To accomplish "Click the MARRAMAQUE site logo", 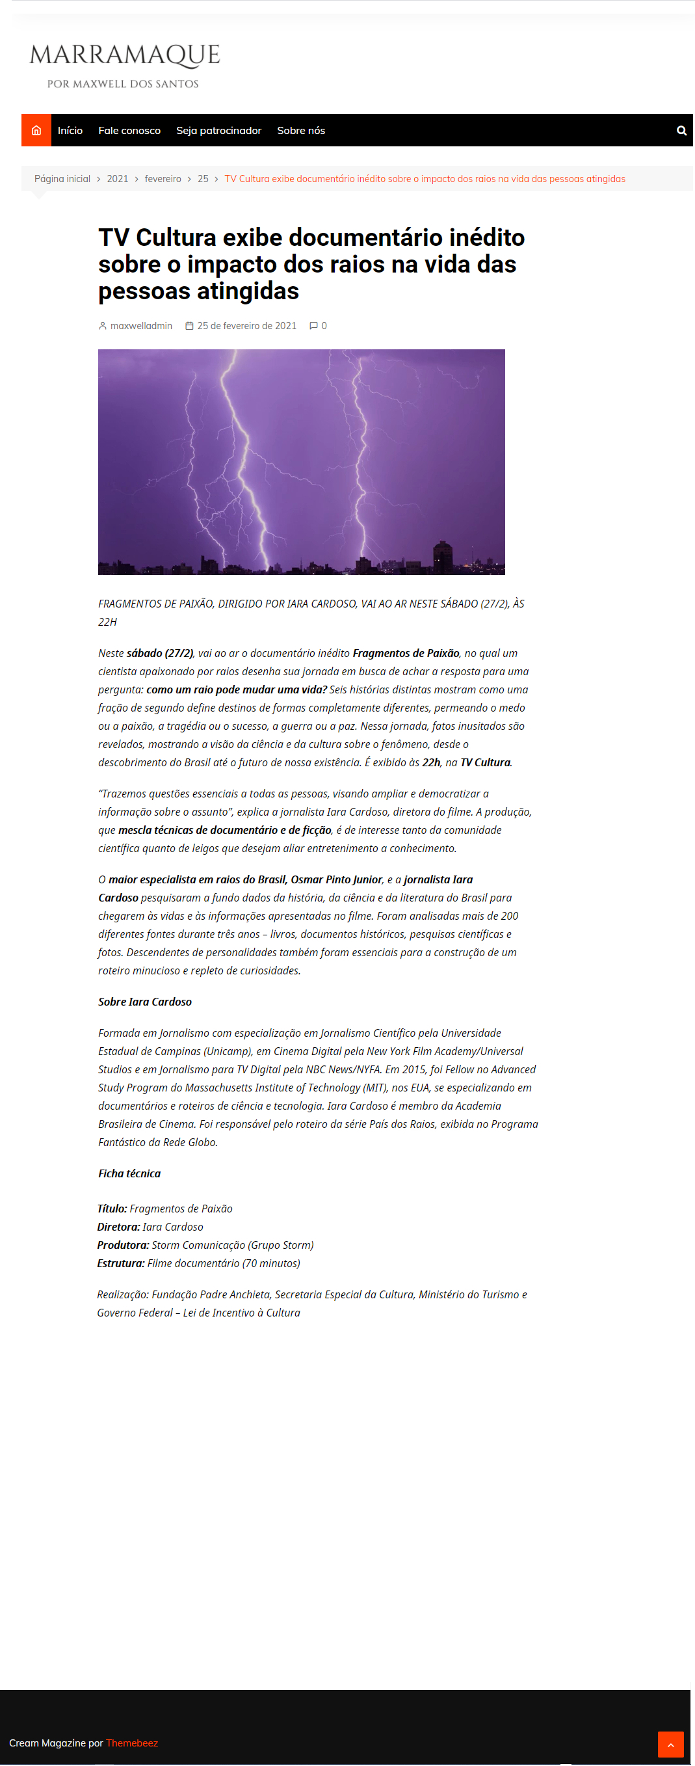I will (124, 64).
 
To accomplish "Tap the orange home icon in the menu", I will (36, 130).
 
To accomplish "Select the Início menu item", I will (70, 130).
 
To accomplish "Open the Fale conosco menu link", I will (129, 130).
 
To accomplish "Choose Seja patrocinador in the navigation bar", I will (218, 130).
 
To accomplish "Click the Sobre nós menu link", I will (301, 130).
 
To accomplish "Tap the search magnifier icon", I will (681, 130).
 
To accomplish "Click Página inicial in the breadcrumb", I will (62, 179).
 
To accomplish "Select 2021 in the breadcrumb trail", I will (117, 179).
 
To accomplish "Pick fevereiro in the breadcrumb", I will (163, 179).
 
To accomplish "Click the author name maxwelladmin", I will (140, 326).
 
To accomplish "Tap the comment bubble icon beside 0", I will (313, 326).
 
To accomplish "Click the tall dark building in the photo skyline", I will (443, 556).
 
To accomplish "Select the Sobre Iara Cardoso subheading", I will (144, 1002).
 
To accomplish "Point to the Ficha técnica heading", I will (129, 1173).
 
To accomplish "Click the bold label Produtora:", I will (123, 1245).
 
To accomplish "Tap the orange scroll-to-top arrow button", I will (670, 1744).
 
